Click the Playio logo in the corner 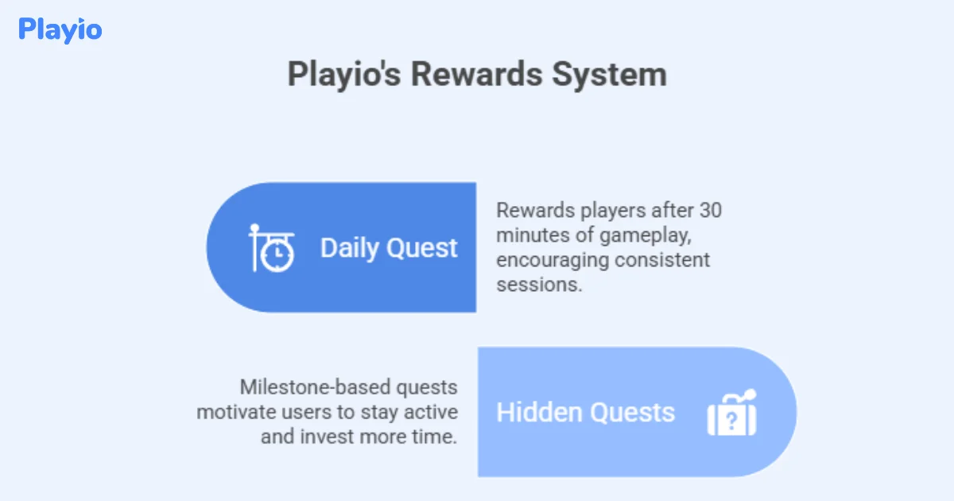tap(60, 29)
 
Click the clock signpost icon tap(271, 248)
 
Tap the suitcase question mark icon tap(732, 413)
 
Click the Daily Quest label tap(389, 248)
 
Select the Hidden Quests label tap(585, 413)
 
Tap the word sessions tap(539, 285)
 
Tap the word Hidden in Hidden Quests tap(539, 413)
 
